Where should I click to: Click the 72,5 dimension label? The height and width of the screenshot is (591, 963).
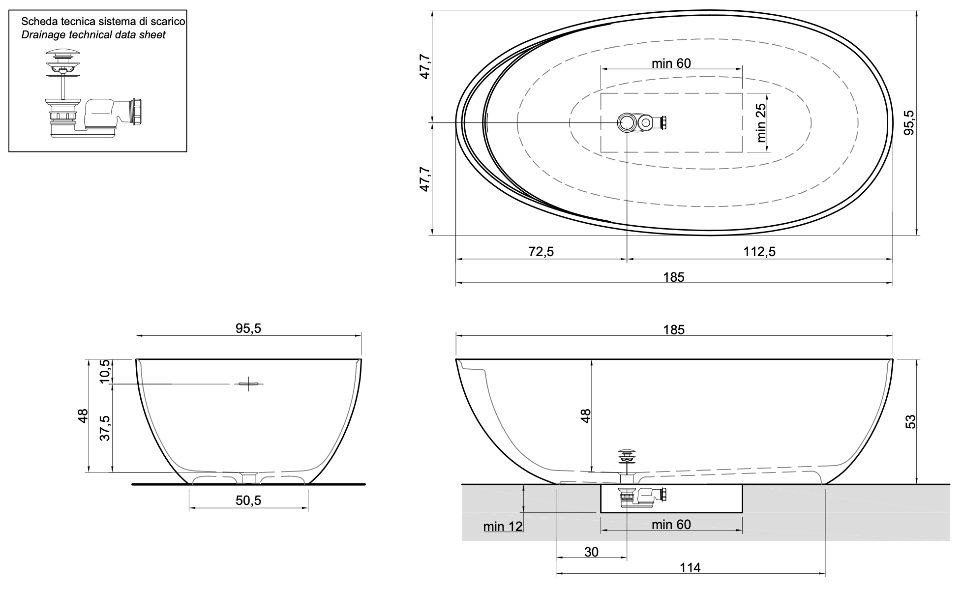[x=541, y=252]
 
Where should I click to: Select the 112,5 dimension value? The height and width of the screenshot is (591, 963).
[x=759, y=252]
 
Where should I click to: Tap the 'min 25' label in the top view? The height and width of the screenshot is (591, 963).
[x=762, y=122]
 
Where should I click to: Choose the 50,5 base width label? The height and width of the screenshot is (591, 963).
[x=248, y=501]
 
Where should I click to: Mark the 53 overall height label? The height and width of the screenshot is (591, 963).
[x=910, y=421]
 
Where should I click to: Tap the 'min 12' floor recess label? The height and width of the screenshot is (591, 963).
[x=503, y=527]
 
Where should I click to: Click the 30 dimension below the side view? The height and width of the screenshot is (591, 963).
[x=591, y=552]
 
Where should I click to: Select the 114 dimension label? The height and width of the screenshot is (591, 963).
[x=690, y=568]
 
